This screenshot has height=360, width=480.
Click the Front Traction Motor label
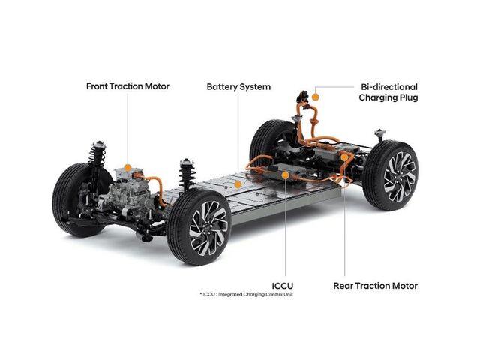(x=127, y=86)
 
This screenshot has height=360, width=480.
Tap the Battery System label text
(x=238, y=87)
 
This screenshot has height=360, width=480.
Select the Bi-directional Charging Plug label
(x=388, y=92)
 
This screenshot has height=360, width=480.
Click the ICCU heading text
(x=283, y=286)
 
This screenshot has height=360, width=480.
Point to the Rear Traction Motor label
(x=375, y=286)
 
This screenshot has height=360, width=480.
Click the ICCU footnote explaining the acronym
(x=247, y=295)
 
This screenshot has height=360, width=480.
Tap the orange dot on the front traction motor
(x=128, y=168)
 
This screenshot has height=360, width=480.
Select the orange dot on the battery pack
(x=238, y=184)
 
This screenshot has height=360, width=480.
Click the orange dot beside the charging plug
(x=316, y=97)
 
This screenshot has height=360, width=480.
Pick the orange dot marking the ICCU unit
(x=285, y=175)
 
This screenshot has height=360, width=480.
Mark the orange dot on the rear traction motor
(x=344, y=157)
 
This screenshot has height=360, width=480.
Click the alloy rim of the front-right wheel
(x=208, y=228)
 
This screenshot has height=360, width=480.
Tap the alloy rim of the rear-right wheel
(x=400, y=177)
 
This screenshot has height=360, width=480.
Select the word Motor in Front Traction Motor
(x=157, y=86)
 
